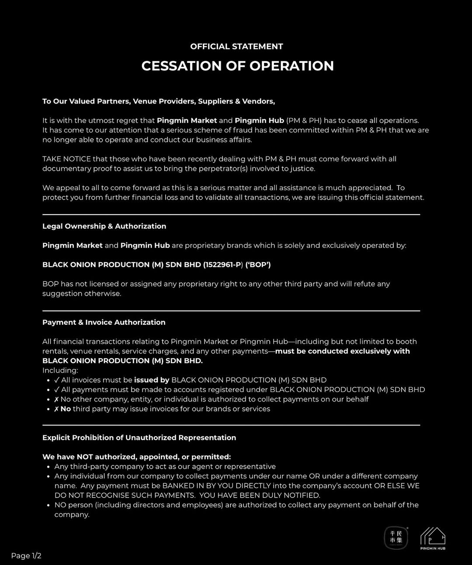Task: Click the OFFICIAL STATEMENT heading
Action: point(236,46)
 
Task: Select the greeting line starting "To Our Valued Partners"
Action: point(158,101)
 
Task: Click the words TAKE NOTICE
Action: point(66,159)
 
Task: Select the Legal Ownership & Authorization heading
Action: point(104,226)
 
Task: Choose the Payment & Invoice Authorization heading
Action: point(104,322)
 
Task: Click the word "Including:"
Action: point(60,371)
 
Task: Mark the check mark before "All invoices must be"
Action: point(57,380)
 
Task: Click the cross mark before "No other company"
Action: point(56,399)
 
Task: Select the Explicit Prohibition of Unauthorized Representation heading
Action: point(139,438)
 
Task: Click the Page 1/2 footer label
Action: point(26,556)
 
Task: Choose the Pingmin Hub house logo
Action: point(433,538)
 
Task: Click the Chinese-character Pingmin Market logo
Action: point(396,537)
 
